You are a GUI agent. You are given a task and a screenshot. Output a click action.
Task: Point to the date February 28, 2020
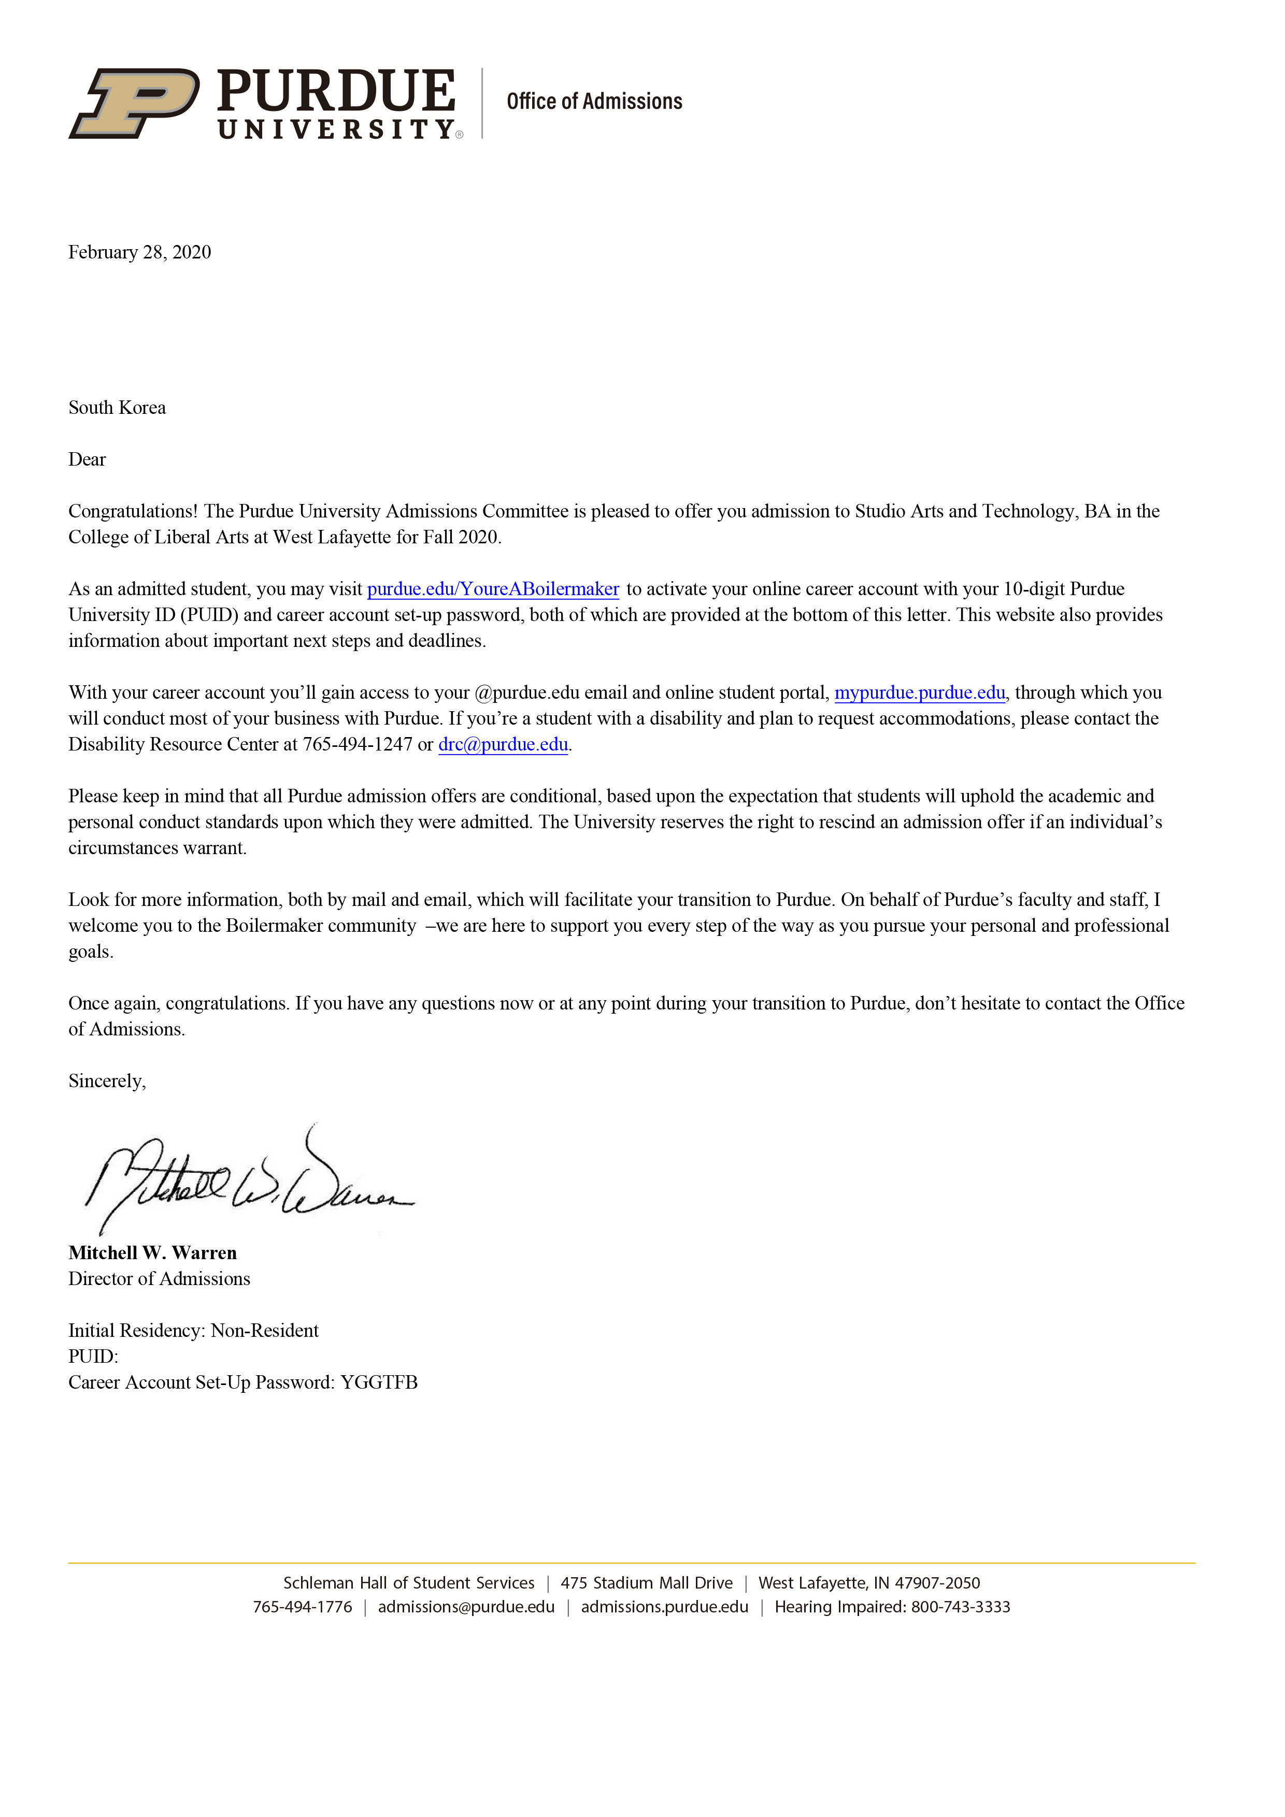click(x=139, y=252)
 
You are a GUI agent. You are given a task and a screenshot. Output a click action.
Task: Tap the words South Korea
click(x=117, y=408)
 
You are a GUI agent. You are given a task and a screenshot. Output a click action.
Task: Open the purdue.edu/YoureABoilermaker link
click(x=492, y=589)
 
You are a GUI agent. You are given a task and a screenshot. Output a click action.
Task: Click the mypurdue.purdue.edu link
click(x=919, y=693)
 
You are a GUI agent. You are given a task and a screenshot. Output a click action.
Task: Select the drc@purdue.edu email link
click(x=503, y=745)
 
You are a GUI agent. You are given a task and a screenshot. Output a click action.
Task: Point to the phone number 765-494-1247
click(x=357, y=745)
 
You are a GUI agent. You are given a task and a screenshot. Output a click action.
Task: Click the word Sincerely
click(x=107, y=1081)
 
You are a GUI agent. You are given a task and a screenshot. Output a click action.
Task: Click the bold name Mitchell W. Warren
click(x=152, y=1253)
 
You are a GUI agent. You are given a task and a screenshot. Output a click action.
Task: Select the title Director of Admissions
click(x=159, y=1279)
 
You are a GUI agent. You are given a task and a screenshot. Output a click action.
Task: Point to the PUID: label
click(x=93, y=1357)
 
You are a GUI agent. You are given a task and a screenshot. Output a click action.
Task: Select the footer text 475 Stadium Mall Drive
click(x=646, y=1583)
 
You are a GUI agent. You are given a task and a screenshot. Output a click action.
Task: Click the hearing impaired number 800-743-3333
click(x=961, y=1607)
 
